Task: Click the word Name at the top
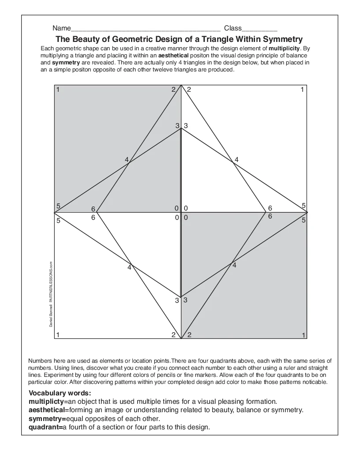tap(61, 28)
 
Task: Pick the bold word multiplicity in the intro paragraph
tap(285, 48)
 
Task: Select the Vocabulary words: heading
tap(60, 393)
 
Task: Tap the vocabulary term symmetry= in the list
tap(47, 418)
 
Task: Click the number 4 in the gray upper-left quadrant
tap(127, 160)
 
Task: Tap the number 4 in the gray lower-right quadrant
tap(234, 265)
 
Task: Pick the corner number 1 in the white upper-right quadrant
tap(302, 90)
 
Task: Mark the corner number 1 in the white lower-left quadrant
tap(58, 334)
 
